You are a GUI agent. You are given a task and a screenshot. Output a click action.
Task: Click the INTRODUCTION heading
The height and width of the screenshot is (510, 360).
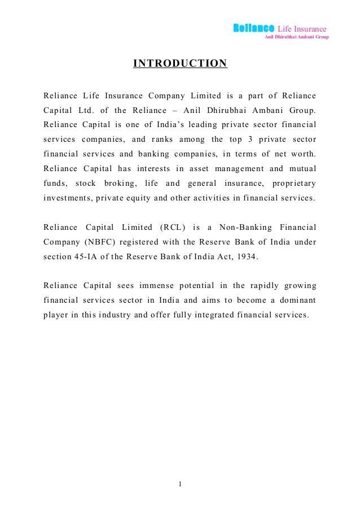180,63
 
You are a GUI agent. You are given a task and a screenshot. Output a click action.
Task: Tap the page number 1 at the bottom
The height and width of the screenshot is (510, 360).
179,483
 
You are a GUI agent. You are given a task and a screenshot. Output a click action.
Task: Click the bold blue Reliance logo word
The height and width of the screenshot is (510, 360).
254,28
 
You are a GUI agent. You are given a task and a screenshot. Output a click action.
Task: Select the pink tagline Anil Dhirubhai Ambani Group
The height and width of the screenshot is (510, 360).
297,37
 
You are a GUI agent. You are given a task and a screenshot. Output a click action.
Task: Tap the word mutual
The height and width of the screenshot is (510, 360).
301,168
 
